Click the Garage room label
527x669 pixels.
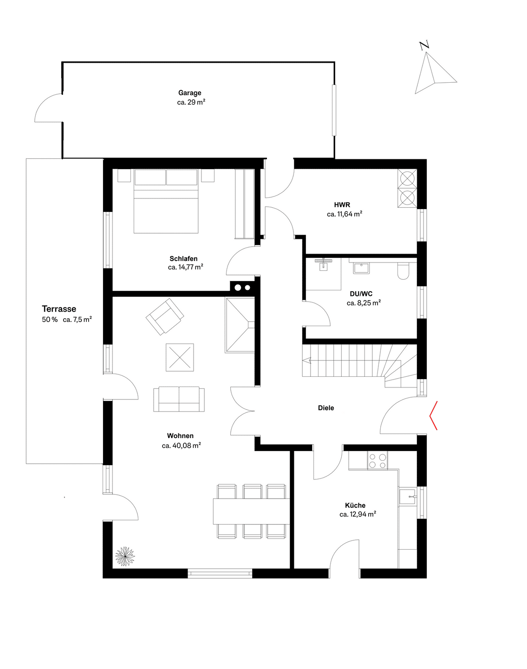(x=189, y=92)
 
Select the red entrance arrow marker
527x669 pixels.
(x=434, y=416)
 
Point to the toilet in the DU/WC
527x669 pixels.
(x=403, y=271)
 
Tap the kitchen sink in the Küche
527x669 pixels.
(x=408, y=497)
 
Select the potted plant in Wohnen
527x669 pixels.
(x=125, y=556)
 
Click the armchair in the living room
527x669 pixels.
(x=165, y=316)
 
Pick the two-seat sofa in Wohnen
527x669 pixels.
(x=179, y=399)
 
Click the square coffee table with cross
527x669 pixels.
(x=180, y=357)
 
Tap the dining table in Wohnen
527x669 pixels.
(x=251, y=512)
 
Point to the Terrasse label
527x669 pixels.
(x=59, y=308)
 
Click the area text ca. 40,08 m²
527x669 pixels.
(x=181, y=446)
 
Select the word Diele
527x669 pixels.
(x=326, y=408)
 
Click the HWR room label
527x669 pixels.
(x=342, y=204)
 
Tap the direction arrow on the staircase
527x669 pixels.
(x=307, y=361)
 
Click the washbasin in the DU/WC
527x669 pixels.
(x=361, y=268)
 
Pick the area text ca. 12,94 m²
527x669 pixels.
(x=358, y=514)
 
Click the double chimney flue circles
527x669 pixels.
(x=243, y=288)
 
